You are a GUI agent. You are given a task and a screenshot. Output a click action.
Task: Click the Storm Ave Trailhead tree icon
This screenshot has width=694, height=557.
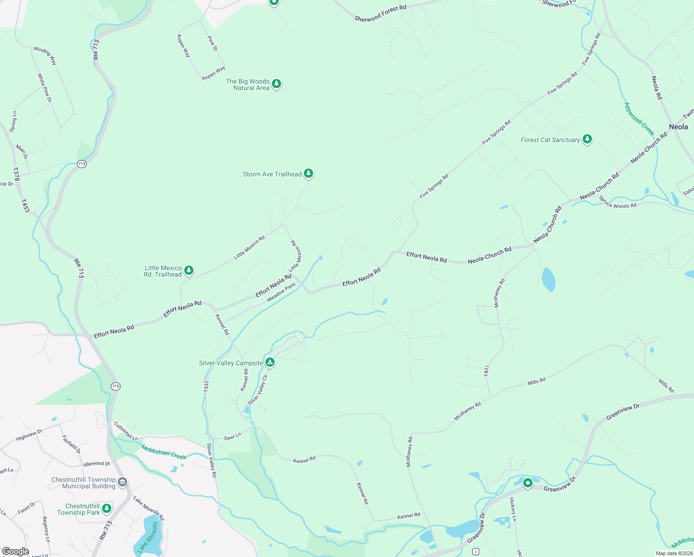(x=308, y=174)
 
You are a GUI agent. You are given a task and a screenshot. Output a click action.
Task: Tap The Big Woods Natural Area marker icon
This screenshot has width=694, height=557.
(x=276, y=84)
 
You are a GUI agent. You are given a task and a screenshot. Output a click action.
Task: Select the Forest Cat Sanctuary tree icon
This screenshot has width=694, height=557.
(x=587, y=139)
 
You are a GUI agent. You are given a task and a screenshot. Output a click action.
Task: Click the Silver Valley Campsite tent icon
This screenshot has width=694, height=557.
(x=270, y=362)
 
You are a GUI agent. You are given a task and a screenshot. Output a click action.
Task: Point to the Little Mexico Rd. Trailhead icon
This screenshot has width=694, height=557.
(x=188, y=270)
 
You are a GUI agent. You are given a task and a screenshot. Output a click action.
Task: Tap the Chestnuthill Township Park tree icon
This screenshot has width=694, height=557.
(x=107, y=508)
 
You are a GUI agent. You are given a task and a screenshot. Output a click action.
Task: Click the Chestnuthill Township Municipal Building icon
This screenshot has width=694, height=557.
(x=122, y=482)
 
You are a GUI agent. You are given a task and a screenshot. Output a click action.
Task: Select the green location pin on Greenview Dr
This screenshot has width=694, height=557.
(x=528, y=483)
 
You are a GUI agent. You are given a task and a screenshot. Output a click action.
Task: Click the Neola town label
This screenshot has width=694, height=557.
(x=678, y=127)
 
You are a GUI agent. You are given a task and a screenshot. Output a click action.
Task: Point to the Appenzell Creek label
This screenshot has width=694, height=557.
(x=639, y=119)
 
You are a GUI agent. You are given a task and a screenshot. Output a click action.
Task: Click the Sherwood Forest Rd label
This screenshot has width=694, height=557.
(x=380, y=13)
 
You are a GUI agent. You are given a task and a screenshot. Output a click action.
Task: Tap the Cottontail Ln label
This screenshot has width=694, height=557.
(x=126, y=431)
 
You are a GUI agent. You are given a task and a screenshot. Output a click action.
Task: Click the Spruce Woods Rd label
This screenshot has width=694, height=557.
(x=617, y=202)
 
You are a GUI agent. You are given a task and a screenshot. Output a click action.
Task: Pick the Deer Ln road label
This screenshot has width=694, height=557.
(x=232, y=437)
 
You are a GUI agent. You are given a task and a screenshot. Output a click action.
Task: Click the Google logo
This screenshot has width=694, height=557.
(x=15, y=551)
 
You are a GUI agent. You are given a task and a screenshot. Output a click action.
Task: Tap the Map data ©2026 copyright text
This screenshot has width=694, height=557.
(x=674, y=553)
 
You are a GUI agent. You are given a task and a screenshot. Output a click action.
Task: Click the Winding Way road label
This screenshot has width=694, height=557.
(x=45, y=55)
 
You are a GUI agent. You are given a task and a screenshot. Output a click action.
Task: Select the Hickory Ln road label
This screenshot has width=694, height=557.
(x=513, y=509)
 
